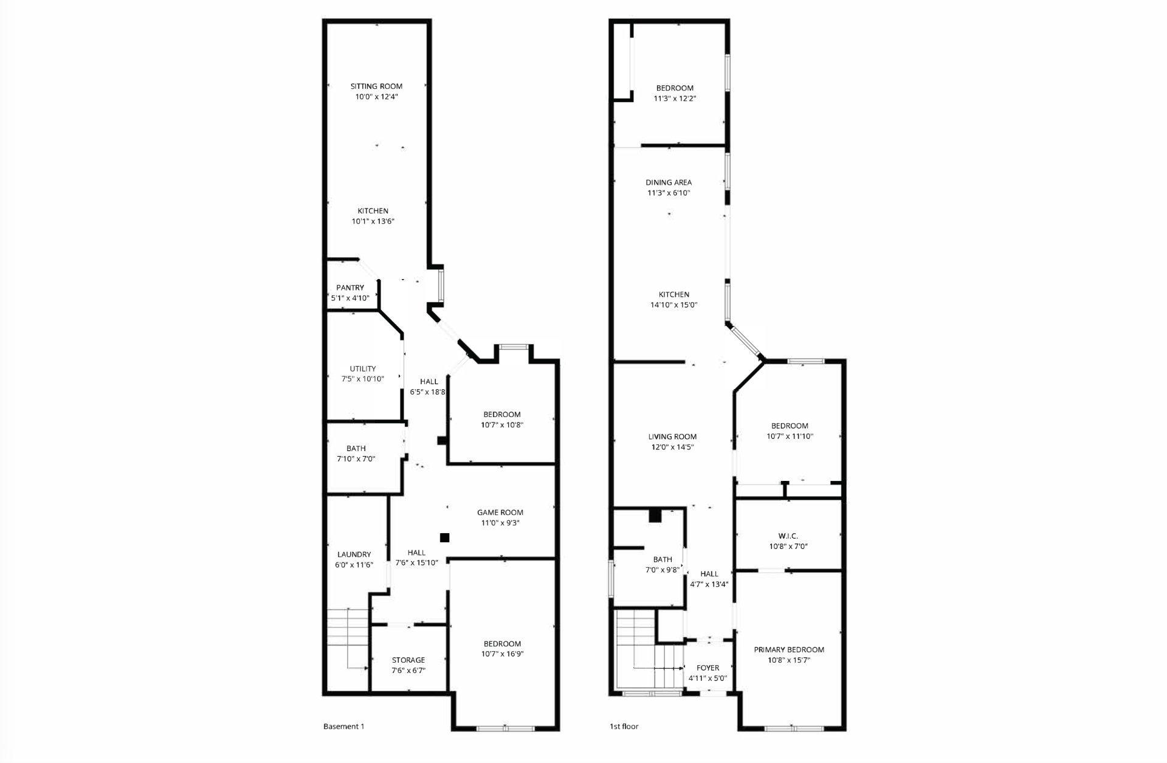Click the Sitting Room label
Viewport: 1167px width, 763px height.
coord(376,86)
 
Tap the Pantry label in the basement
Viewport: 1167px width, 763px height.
coord(350,288)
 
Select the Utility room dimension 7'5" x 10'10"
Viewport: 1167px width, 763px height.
coord(363,379)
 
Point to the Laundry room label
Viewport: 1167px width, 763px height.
coord(354,554)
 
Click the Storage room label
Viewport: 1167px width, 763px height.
coord(408,660)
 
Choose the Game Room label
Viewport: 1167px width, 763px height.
coord(500,512)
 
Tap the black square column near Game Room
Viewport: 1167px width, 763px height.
coord(445,537)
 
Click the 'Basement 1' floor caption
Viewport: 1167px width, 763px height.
coord(344,726)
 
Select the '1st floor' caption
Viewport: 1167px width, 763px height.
coord(624,726)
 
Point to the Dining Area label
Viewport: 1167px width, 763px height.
coord(669,182)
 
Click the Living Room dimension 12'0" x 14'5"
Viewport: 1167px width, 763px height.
coord(672,447)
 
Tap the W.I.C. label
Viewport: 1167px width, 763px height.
coord(788,536)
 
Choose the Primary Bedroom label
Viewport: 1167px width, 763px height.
coord(789,649)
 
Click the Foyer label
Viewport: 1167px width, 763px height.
coord(708,668)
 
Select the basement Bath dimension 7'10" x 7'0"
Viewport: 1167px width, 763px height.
coord(356,459)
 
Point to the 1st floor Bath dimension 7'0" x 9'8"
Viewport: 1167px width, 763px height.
coord(663,570)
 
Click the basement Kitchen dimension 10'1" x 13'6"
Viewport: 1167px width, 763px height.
coord(373,221)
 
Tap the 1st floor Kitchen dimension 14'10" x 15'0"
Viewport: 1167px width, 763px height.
coord(674,305)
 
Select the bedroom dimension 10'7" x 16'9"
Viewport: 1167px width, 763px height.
coord(502,654)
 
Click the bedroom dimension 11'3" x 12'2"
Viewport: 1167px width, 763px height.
coord(674,98)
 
